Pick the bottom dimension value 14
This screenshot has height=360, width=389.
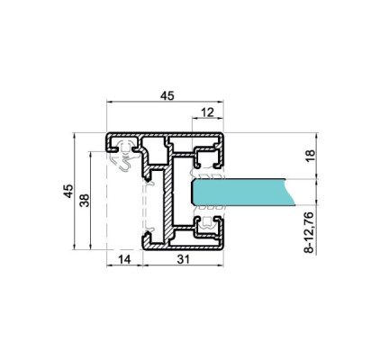coord(125,260)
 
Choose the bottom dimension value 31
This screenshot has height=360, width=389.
coord(184,260)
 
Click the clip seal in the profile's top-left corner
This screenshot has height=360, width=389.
coord(122,158)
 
